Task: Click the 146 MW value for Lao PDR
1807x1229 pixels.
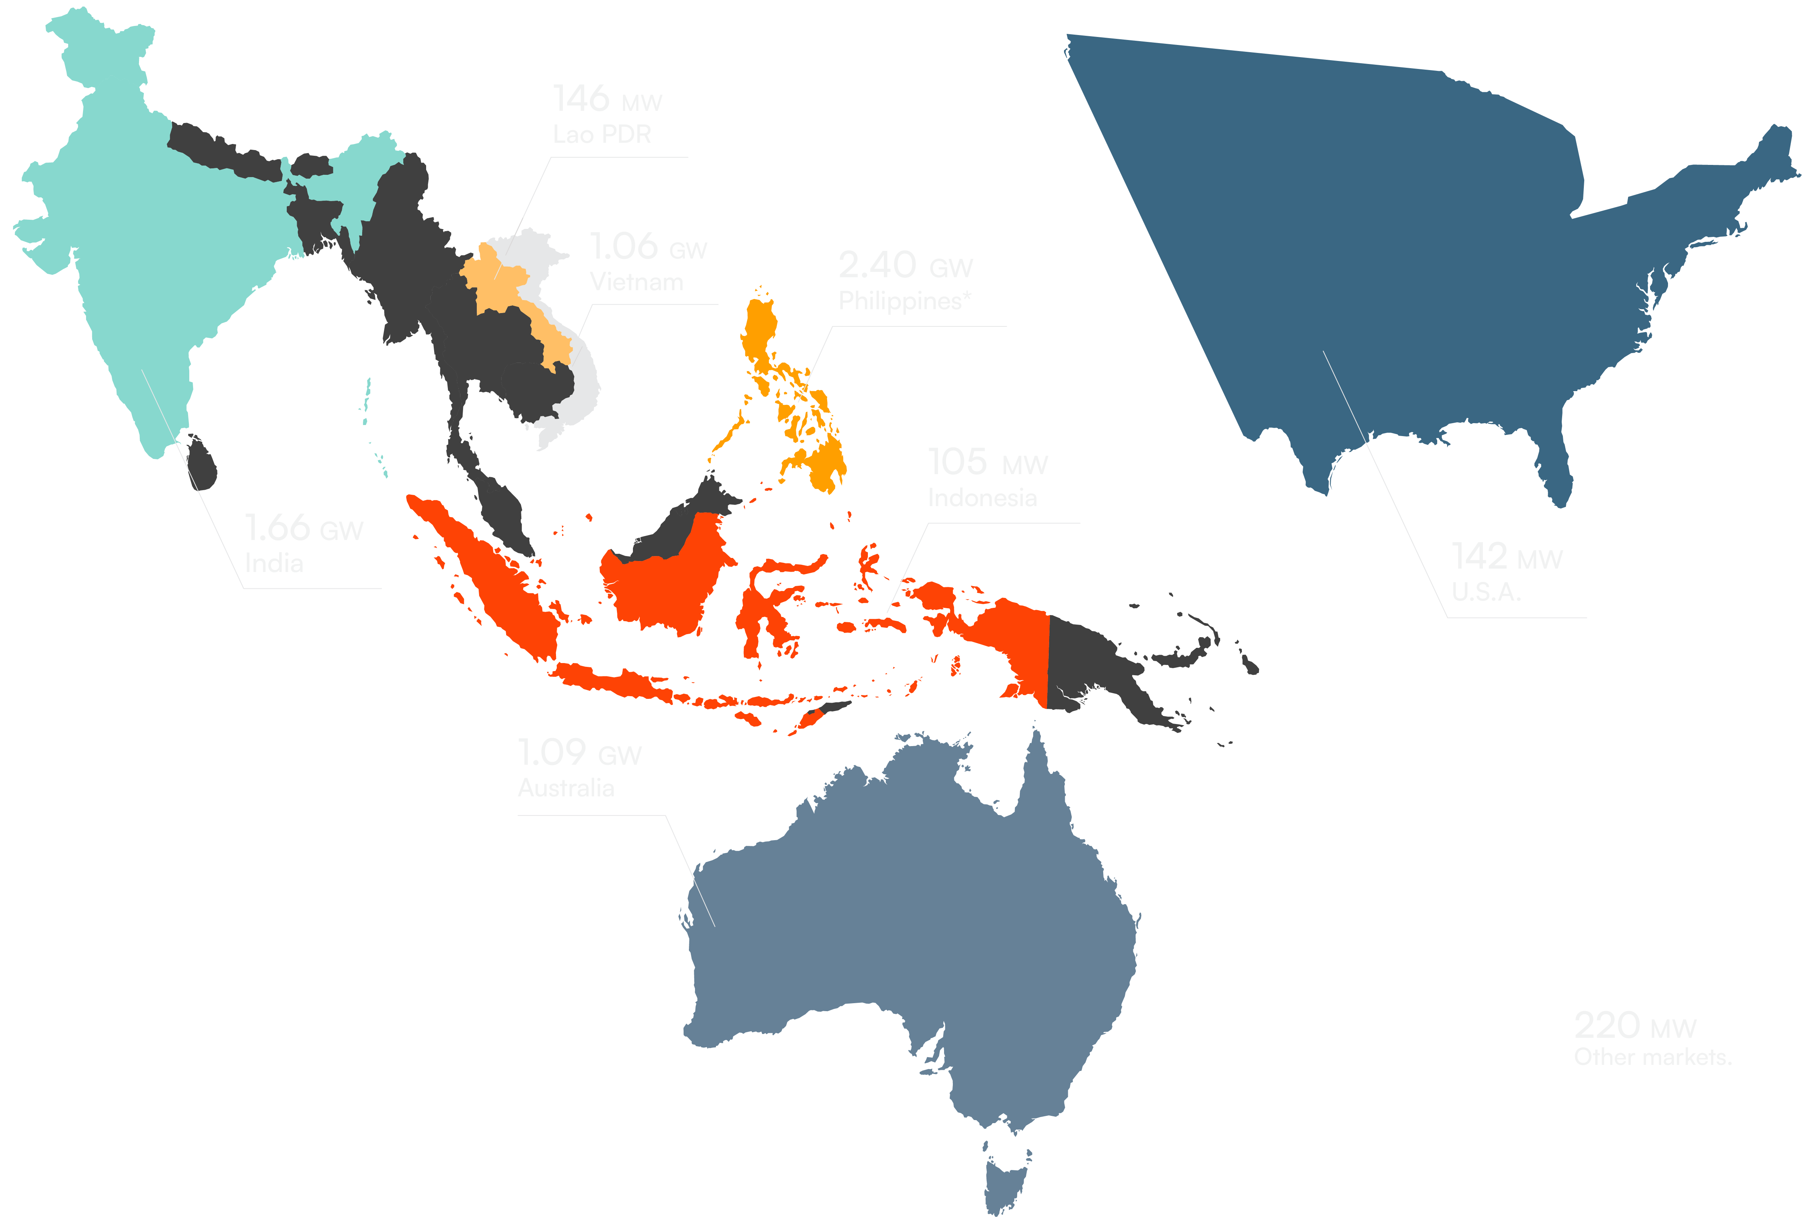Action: pyautogui.click(x=607, y=99)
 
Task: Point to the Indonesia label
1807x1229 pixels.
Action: pyautogui.click(x=982, y=497)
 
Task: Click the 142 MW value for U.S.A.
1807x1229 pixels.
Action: pyautogui.click(x=1506, y=556)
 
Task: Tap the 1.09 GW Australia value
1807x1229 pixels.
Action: pyautogui.click(x=579, y=753)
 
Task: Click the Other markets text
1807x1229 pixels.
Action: pyautogui.click(x=1652, y=1057)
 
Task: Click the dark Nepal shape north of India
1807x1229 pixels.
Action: pyautogui.click(x=225, y=152)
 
